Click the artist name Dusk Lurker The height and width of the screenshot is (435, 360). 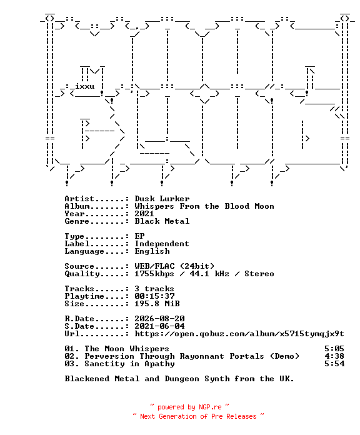tap(162, 199)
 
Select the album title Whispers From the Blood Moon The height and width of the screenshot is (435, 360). tap(204, 206)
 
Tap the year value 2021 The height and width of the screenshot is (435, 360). tap(144, 214)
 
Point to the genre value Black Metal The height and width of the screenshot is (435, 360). tap(162, 221)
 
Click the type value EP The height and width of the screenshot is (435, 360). tap(139, 236)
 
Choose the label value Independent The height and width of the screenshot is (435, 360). tap(162, 244)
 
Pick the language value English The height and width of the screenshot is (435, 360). tap(152, 251)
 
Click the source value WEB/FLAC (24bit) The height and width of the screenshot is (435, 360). tap(174, 266)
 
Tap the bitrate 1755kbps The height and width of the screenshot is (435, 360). tap(154, 274)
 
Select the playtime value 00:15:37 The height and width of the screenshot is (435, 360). tap(154, 296)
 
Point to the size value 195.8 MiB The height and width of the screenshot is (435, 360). tap(157, 304)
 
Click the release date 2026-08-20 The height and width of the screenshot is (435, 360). tap(159, 319)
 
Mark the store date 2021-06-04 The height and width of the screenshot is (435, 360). tap(159, 326)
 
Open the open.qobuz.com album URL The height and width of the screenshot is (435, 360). tap(239, 334)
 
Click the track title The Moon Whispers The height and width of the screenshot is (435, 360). tap(127, 349)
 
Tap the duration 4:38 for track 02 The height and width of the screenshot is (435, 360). tap(334, 356)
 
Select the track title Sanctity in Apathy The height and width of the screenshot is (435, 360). tap(129, 364)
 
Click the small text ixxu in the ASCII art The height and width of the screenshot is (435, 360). tap(85, 86)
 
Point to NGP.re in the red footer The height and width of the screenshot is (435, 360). tap(210, 407)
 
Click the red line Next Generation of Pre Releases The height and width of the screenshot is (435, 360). tap(198, 416)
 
